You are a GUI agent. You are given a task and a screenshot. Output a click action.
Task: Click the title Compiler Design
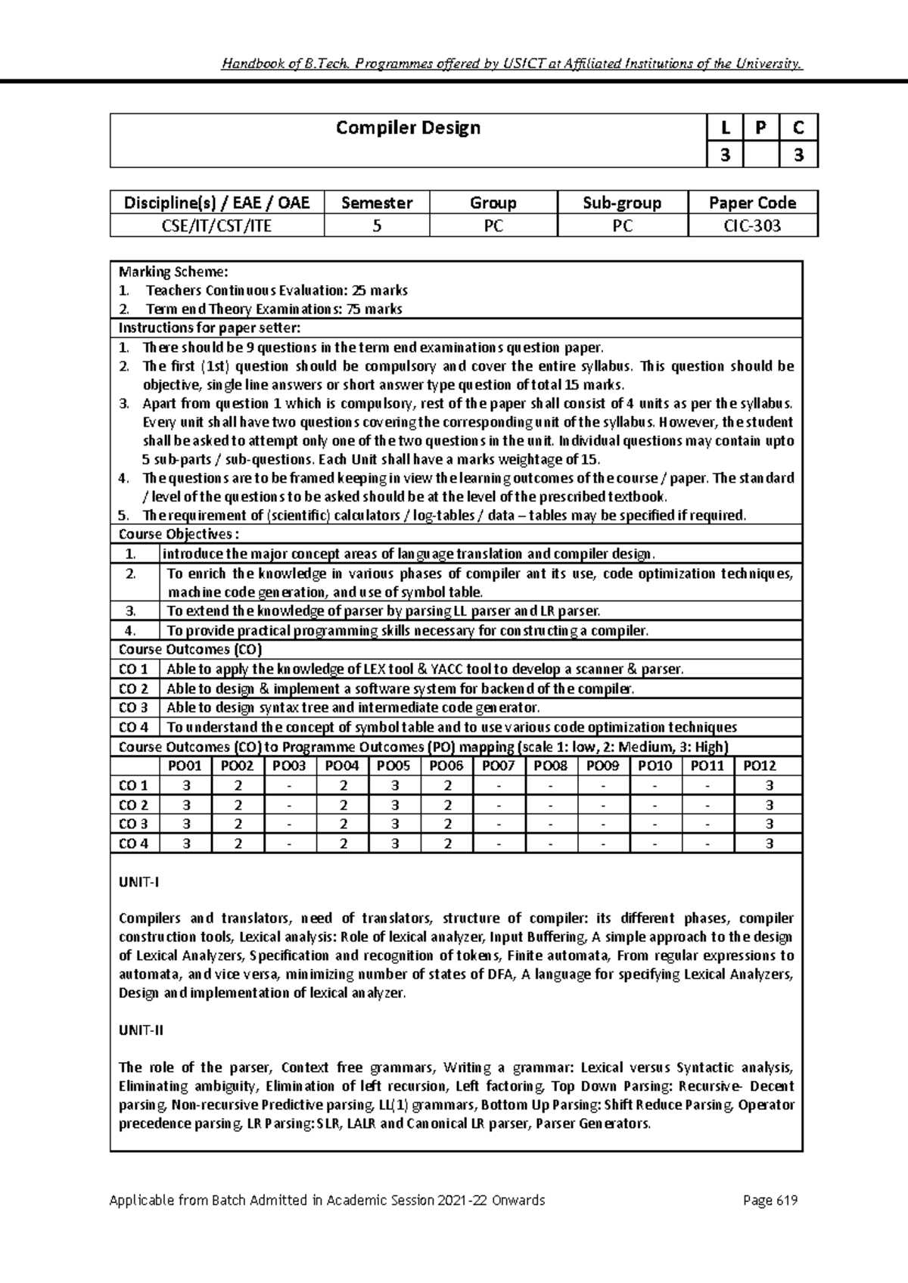(408, 128)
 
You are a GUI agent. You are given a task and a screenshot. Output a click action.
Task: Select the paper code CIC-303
(752, 225)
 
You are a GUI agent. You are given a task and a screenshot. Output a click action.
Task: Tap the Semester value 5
(376, 225)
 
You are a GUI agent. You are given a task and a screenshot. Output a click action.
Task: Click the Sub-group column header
(622, 203)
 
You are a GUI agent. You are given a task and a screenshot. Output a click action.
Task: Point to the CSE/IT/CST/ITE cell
(216, 225)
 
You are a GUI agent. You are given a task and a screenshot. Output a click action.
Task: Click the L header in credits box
(726, 128)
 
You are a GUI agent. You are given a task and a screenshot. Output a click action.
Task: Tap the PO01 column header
(185, 766)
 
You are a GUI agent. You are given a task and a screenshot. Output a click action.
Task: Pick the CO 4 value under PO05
(395, 843)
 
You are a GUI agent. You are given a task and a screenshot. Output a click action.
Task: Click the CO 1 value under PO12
(770, 785)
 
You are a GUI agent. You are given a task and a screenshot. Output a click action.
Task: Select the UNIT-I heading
(139, 881)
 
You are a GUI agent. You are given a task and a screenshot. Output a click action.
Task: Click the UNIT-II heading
(141, 1030)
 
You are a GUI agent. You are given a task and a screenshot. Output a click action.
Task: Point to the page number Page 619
(771, 1201)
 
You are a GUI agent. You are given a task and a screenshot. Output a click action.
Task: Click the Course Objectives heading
(174, 534)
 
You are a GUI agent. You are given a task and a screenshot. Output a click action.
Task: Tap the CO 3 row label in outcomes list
(133, 708)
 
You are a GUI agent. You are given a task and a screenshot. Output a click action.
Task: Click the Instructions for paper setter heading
(210, 328)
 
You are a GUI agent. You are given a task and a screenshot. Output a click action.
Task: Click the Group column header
(493, 203)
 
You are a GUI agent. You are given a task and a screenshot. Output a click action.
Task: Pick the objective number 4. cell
(130, 630)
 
